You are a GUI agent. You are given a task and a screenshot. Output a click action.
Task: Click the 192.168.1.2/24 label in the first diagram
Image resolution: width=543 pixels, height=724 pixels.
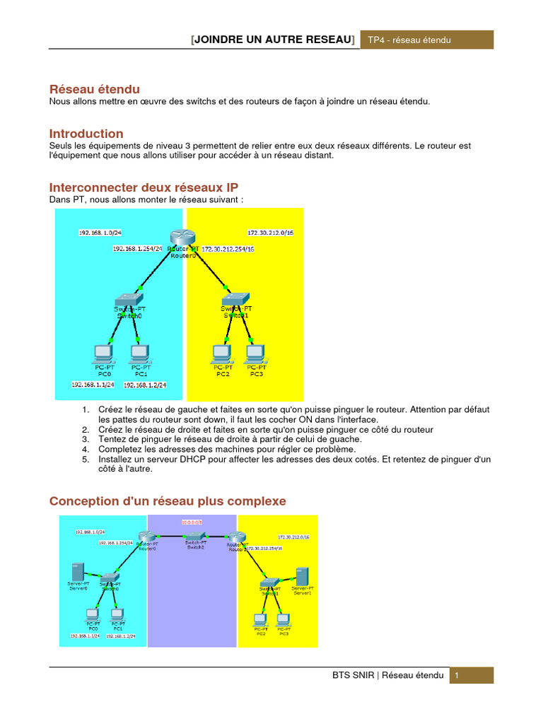pos(145,385)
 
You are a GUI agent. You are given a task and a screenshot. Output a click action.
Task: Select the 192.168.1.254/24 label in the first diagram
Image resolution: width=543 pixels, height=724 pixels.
pos(138,249)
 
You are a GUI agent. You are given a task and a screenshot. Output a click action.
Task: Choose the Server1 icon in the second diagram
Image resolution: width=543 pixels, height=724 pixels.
pos(303,576)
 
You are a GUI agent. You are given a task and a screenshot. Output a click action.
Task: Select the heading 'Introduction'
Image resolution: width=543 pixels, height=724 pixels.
pos(86,134)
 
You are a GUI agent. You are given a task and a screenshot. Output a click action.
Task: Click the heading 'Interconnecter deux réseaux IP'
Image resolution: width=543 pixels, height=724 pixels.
pos(148,187)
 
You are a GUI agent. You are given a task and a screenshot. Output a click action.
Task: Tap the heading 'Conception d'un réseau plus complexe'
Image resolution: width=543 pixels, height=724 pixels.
pos(168,501)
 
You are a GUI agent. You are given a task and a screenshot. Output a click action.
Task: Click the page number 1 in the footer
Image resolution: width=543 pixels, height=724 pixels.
pos(457,676)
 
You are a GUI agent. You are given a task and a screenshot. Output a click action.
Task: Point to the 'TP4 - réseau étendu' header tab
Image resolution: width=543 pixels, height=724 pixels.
pos(409,40)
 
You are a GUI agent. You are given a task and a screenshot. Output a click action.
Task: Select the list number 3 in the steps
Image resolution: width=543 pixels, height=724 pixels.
pos(84,439)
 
